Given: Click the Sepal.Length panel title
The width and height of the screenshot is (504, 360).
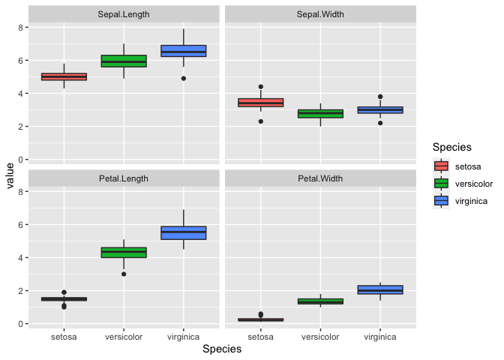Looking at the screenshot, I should [124, 14].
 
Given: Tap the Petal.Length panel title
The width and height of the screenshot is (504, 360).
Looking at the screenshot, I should [124, 178].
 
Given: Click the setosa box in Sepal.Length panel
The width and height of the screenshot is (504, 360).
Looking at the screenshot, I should [64, 76].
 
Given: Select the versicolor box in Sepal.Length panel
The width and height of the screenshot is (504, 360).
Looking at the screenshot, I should [124, 61].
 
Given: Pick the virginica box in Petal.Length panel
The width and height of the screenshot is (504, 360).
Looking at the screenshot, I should [184, 232].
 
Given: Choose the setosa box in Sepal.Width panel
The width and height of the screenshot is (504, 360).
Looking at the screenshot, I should [260, 103].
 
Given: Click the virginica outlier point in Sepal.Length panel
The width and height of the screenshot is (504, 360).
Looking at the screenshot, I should [184, 78].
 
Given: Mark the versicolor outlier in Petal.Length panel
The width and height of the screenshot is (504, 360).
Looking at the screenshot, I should [124, 274].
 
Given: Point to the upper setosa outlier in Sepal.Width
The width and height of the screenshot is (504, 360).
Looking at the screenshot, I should [260, 87].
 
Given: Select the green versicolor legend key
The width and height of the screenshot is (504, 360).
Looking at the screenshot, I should [441, 184].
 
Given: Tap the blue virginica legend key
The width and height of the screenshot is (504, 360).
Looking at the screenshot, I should [441, 201].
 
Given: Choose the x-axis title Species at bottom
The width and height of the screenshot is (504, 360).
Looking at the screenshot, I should [222, 349].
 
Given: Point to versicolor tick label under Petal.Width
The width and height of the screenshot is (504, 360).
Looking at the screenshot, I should [320, 337].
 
